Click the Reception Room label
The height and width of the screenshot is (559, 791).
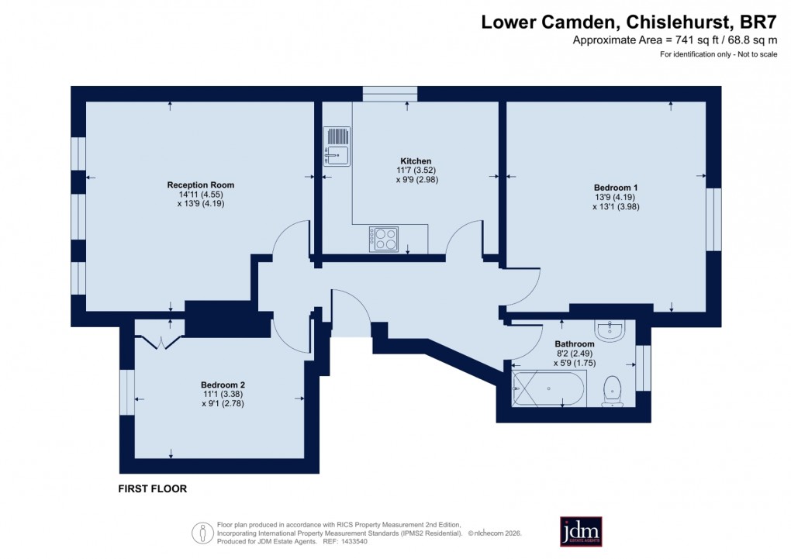coord(200,185)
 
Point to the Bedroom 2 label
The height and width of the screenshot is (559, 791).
coord(223,385)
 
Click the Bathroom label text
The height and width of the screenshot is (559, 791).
coord(574,343)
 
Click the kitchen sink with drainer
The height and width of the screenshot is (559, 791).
coord(337,147)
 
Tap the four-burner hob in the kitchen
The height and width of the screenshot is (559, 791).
coord(384,239)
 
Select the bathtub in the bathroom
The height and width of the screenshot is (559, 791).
coord(548,388)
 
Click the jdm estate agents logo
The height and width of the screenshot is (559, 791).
coord(581,531)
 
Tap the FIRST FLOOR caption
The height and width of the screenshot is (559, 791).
coord(152,489)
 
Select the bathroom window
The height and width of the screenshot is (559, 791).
coord(643,365)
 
